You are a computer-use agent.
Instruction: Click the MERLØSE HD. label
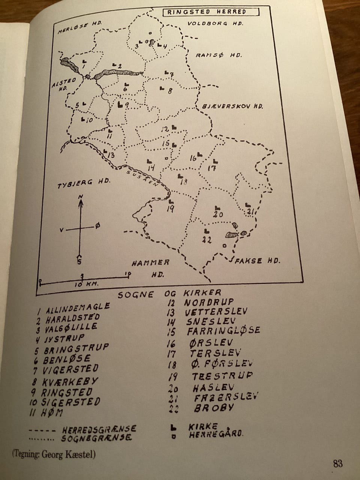coord(81,28)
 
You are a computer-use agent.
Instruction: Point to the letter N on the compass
coord(81,196)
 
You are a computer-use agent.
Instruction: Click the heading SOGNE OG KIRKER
coord(169,294)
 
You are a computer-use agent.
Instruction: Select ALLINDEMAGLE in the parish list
coord(78,308)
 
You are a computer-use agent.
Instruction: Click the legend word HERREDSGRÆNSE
coord(99,429)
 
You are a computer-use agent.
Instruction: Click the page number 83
coord(337,463)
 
